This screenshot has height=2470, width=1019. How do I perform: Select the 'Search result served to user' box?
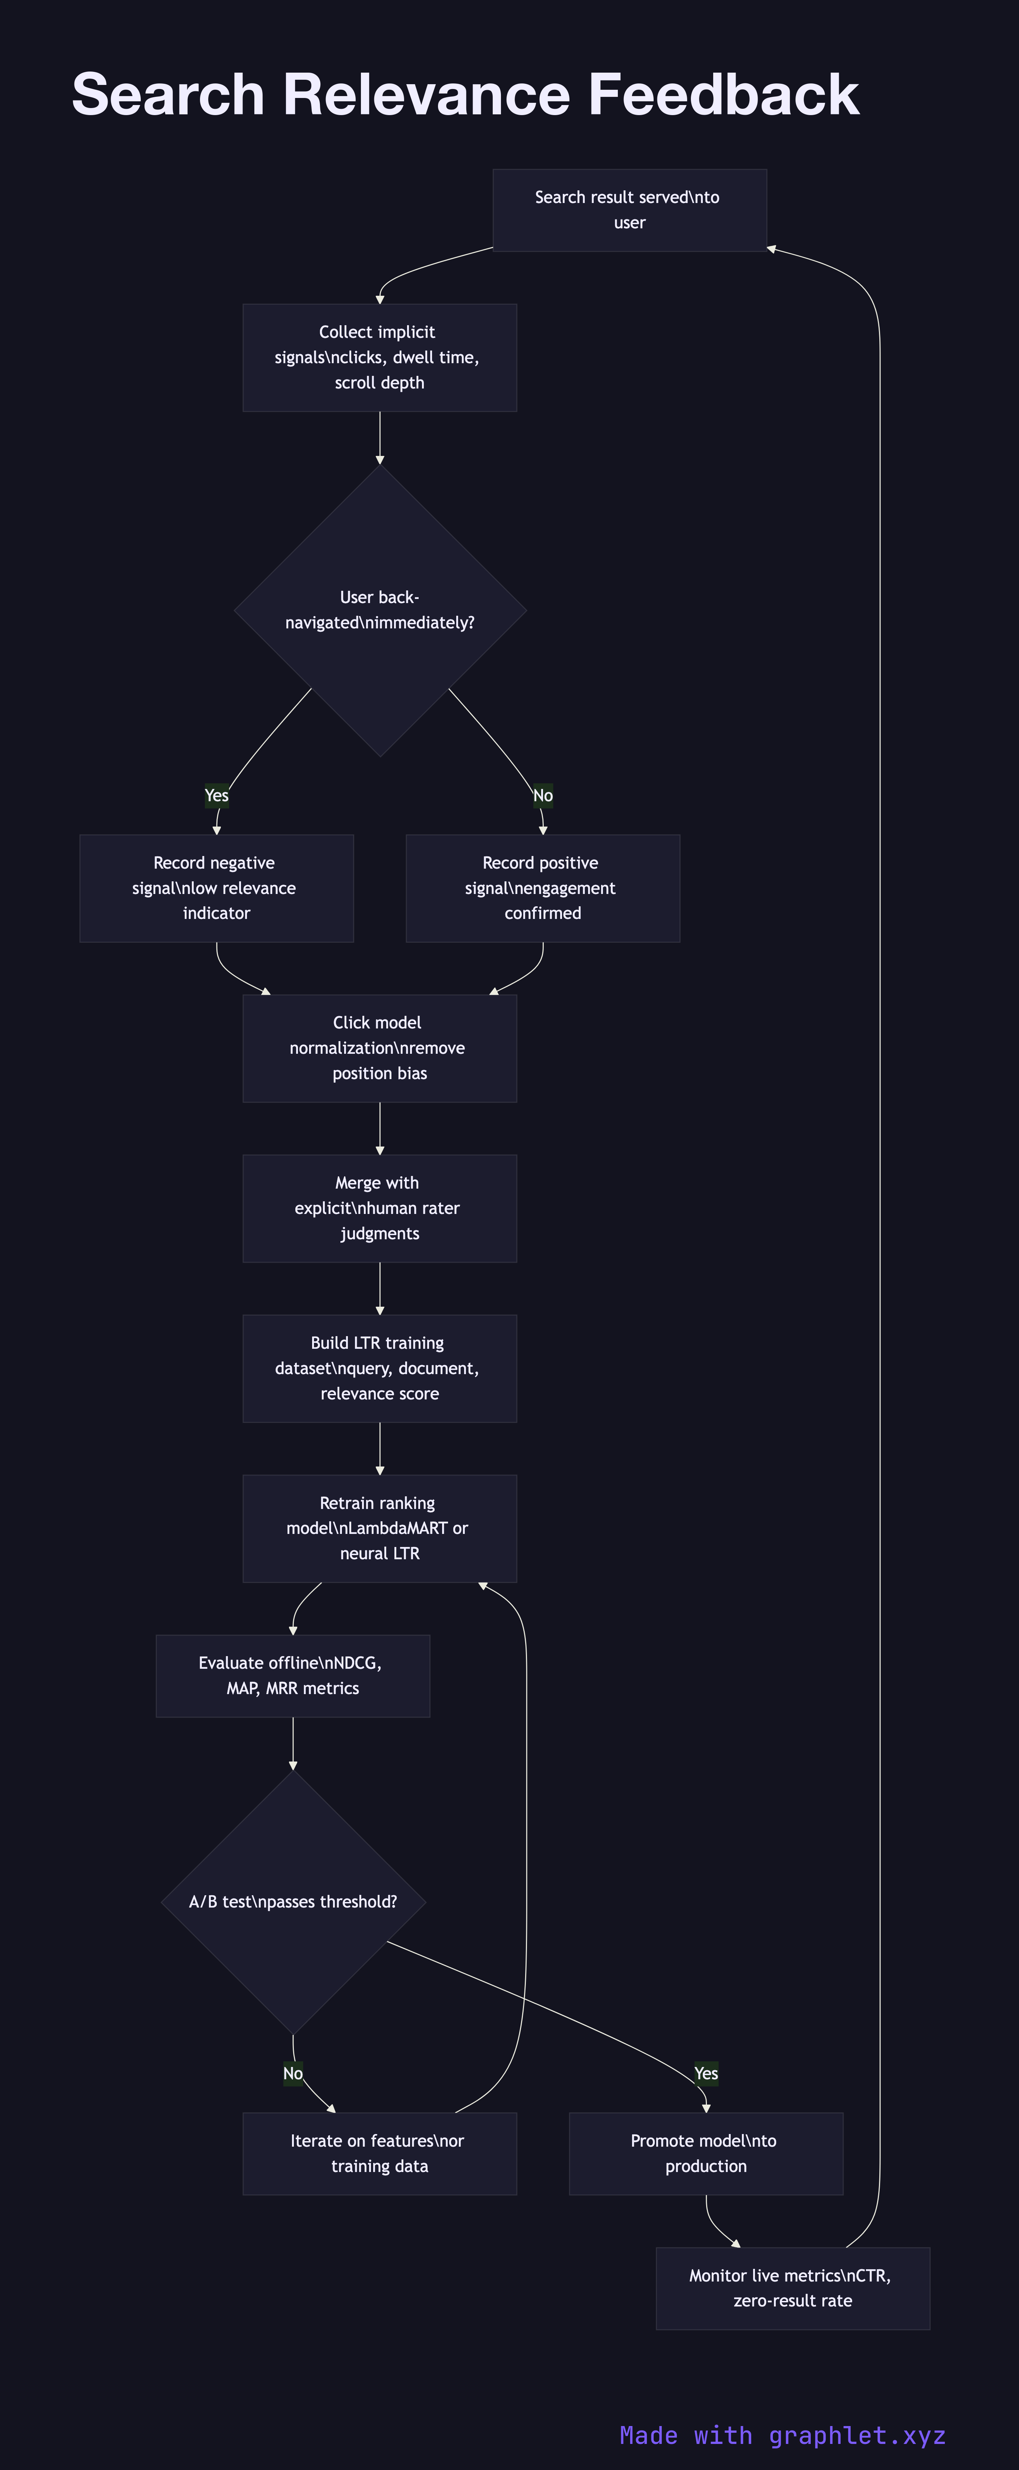(629, 210)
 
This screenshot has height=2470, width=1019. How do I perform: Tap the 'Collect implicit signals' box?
(380, 358)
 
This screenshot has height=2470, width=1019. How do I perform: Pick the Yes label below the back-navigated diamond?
(217, 795)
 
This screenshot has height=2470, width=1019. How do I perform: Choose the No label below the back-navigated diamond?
(543, 795)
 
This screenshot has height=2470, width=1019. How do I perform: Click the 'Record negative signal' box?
(217, 888)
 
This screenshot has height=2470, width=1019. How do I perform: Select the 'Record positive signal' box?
(543, 888)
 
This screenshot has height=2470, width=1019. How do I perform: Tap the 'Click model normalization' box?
(380, 1048)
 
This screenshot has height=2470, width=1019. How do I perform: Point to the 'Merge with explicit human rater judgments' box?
(380, 1208)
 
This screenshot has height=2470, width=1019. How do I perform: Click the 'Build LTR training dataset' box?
(380, 1368)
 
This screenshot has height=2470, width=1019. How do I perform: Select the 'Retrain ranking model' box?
(380, 1528)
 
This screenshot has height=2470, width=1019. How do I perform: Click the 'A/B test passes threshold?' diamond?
(292, 1902)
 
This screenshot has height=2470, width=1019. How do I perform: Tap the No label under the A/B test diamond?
(292, 2073)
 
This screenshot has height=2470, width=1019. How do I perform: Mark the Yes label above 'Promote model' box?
(705, 2073)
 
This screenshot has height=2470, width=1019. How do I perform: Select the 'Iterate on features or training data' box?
(380, 2154)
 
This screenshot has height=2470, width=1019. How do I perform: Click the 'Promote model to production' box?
(705, 2154)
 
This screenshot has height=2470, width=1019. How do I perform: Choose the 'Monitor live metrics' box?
(792, 2288)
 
